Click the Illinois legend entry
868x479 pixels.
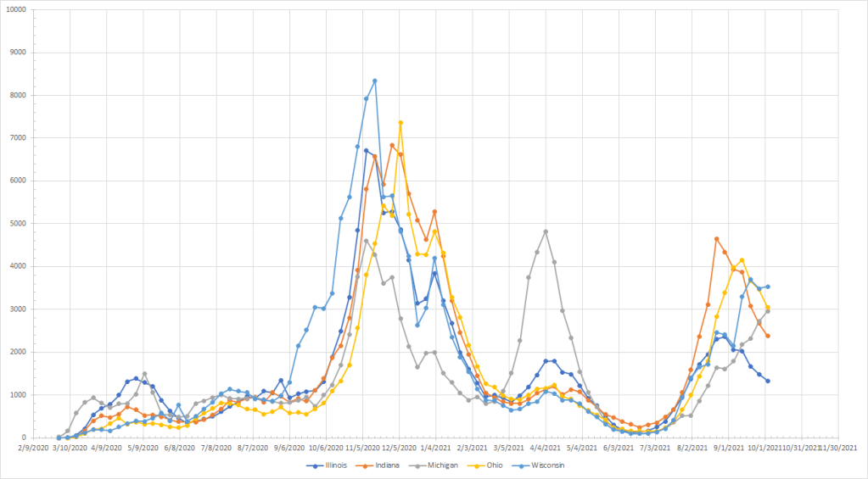pyautogui.click(x=332, y=465)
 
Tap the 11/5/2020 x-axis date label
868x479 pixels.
pyautogui.click(x=361, y=446)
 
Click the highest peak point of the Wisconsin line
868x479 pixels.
pyautogui.click(x=375, y=81)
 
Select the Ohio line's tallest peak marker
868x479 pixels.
pyautogui.click(x=400, y=123)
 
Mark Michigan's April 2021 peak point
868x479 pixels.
pyautogui.click(x=546, y=231)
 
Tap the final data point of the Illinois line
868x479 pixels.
pyautogui.click(x=768, y=381)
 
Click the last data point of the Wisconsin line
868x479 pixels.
pyautogui.click(x=768, y=287)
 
